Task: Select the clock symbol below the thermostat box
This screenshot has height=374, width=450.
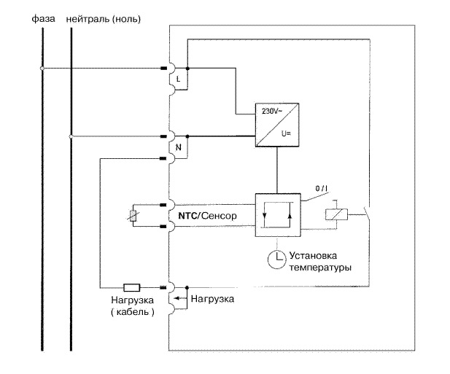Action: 276,260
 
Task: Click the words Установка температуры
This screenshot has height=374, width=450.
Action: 319,262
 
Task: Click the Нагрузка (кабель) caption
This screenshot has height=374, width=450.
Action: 132,306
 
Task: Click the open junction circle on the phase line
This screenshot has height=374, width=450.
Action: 42,69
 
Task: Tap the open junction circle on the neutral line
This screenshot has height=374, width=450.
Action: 71,136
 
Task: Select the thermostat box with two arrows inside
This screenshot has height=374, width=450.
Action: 276,215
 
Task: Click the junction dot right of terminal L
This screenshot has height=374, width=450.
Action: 189,69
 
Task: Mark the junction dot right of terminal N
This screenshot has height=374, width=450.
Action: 189,136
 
